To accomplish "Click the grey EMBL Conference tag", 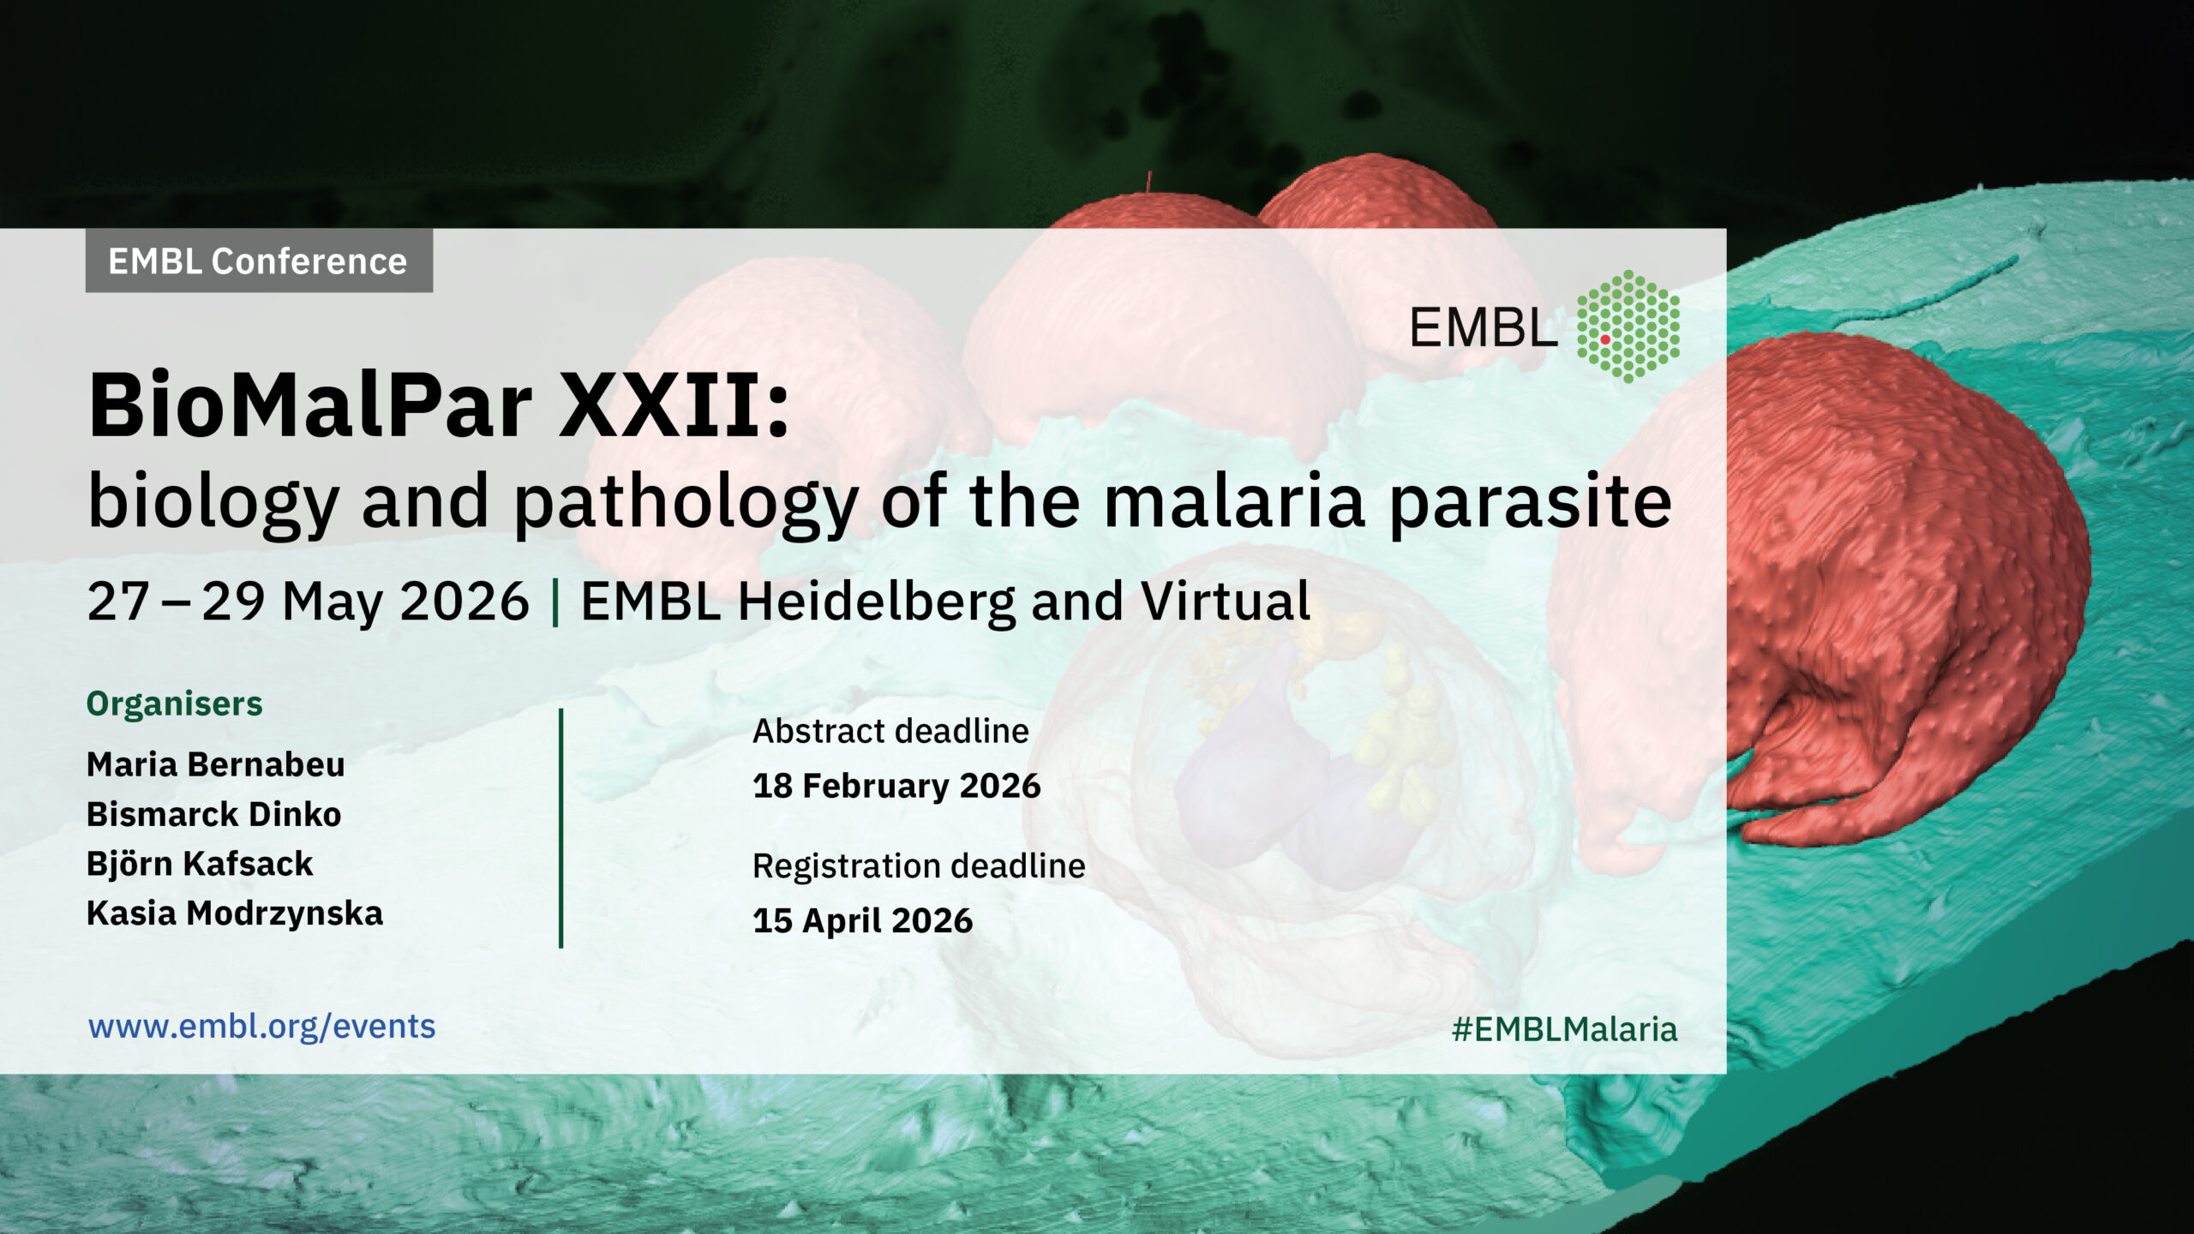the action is pos(259,261).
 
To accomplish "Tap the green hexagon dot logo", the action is pos(1628,326).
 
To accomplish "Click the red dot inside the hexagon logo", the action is pos(1605,340).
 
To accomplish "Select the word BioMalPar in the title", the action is pos(311,405).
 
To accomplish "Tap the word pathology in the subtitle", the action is pos(686,505).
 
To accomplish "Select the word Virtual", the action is pos(1226,601).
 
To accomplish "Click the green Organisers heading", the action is pos(174,704).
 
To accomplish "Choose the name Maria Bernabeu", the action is pos(216,764).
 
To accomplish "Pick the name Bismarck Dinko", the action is pos(214,813).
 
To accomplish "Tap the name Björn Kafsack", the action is pos(200,863).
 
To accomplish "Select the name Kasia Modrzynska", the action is pos(235,914).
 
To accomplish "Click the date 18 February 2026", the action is pos(896,786).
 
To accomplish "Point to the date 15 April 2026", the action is pos(863,920).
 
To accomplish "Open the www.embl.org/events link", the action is pos(262,1027).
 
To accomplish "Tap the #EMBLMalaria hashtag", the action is pos(1564,1029).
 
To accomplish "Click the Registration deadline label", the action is pos(919,866).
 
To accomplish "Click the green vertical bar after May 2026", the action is pos(556,602).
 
